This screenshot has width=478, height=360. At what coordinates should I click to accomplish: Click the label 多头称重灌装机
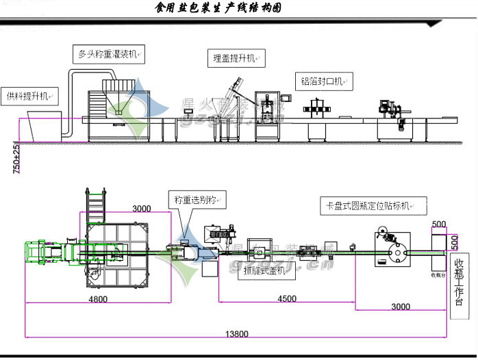(x=110, y=53)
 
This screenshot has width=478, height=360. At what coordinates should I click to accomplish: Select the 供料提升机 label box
(x=29, y=95)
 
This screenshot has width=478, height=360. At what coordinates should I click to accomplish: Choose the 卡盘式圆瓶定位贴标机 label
(x=373, y=206)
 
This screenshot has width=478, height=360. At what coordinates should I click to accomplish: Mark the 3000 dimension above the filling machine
(x=142, y=208)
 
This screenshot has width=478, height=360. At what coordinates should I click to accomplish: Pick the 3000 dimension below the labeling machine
(x=401, y=307)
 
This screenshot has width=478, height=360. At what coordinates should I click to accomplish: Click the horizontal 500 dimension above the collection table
(x=439, y=224)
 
